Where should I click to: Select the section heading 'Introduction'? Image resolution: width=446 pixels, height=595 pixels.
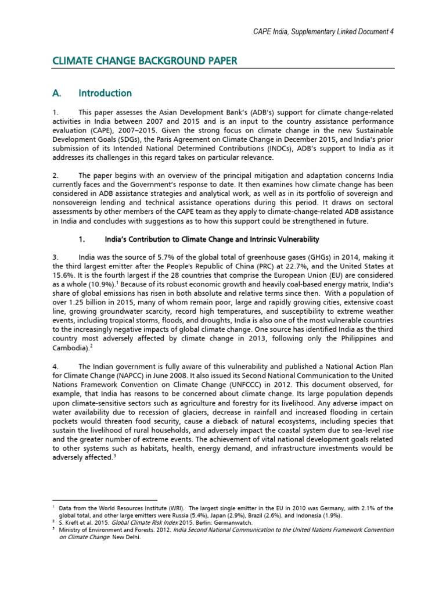(105, 93)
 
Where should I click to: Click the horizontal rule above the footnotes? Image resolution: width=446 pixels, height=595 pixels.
(105, 500)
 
